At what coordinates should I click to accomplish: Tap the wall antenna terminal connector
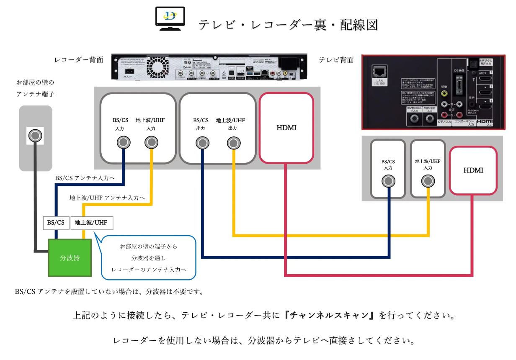(x=36, y=136)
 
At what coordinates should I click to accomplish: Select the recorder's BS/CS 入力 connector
(x=124, y=143)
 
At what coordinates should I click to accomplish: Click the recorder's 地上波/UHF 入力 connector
(x=151, y=143)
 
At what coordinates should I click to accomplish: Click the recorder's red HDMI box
(x=286, y=128)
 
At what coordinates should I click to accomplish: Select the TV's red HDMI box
(x=473, y=171)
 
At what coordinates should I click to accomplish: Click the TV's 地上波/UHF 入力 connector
(x=428, y=181)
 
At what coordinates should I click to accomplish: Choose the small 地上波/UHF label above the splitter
(x=91, y=223)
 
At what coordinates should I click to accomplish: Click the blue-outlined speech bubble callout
(x=149, y=257)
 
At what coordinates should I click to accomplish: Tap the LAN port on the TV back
(x=380, y=71)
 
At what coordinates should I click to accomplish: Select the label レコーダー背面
(x=79, y=60)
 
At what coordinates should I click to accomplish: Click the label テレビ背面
(x=336, y=60)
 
